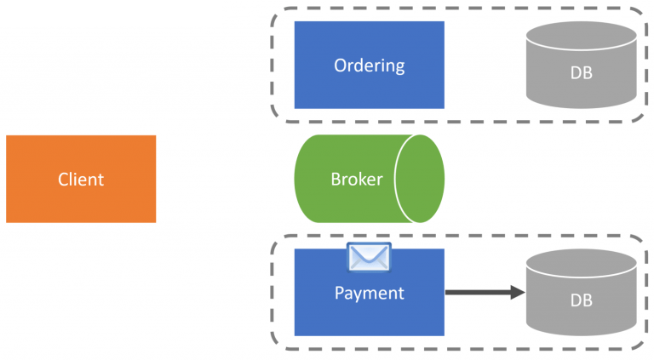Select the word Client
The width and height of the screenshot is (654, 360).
(81, 180)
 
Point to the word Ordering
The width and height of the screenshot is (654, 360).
(369, 66)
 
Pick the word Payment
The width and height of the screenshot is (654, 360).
(369, 294)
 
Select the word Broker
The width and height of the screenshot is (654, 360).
(356, 180)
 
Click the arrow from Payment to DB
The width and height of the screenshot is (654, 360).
(477, 293)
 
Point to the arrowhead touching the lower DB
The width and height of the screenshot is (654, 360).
(517, 293)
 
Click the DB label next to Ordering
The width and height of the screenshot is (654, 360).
(582, 73)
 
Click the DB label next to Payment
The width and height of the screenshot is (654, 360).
(582, 300)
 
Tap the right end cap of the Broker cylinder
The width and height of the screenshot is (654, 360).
(420, 180)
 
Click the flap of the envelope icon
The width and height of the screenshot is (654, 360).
(369, 252)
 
